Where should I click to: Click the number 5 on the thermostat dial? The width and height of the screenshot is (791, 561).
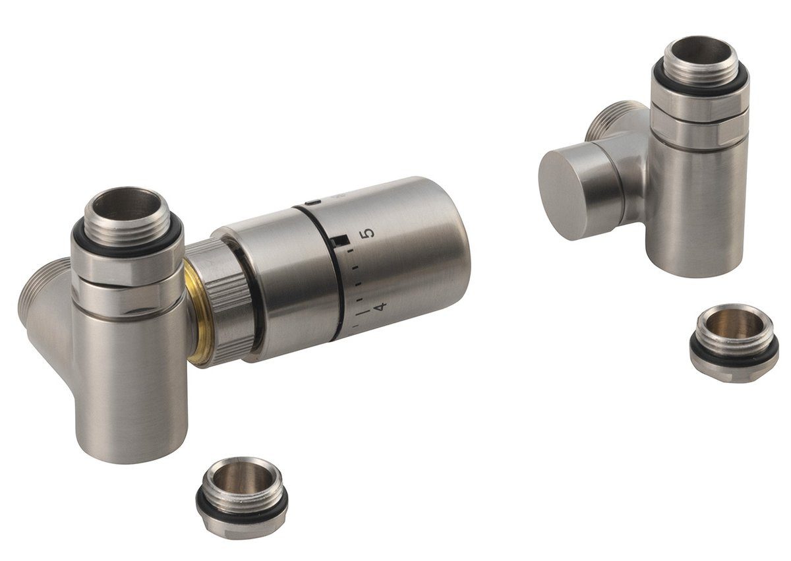(x=368, y=233)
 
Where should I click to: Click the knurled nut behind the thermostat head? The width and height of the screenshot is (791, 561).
(x=227, y=300)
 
